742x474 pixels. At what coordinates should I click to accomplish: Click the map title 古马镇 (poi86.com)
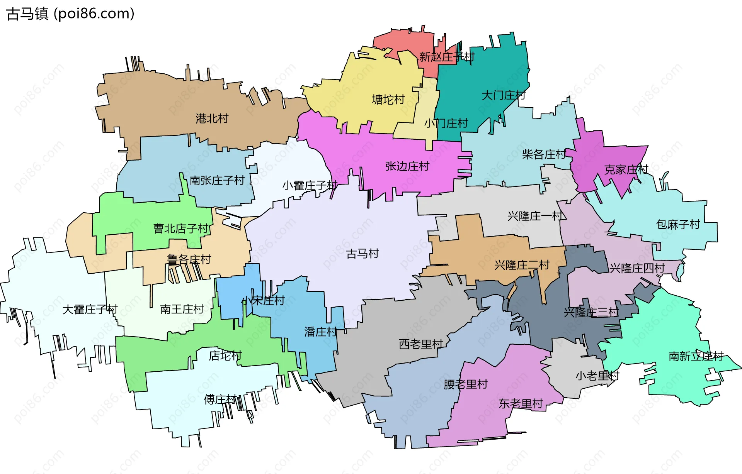pos(70,14)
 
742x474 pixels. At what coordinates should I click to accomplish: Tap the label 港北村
pos(212,118)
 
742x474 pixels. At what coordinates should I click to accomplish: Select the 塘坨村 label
pos(388,100)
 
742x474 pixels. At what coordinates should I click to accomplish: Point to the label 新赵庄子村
pos(447,57)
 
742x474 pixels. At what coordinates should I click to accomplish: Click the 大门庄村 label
pos(503,95)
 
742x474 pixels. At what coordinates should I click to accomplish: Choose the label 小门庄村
pos(446,124)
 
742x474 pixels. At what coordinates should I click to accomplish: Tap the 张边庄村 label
pos(407,166)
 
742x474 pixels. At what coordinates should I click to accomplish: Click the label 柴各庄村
pos(544,155)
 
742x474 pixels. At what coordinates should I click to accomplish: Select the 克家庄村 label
pos(626,169)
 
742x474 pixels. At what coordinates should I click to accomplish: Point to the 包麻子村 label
pos(678,224)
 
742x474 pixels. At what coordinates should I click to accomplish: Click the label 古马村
pos(362,254)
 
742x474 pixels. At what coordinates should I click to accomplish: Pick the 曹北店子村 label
pos(181,229)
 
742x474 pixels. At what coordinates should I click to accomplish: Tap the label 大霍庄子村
pos(90,309)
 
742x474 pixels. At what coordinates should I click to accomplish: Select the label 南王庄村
pos(182,309)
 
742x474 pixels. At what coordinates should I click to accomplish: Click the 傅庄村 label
pos(220,399)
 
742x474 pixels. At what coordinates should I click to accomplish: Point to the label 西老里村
pos(421,344)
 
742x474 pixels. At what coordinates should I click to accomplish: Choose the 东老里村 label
pos(521,404)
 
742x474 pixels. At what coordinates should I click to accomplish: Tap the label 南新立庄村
pos(696,356)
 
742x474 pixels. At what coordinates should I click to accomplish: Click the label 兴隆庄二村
pos(522,265)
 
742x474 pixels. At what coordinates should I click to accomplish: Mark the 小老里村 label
pos(597,376)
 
